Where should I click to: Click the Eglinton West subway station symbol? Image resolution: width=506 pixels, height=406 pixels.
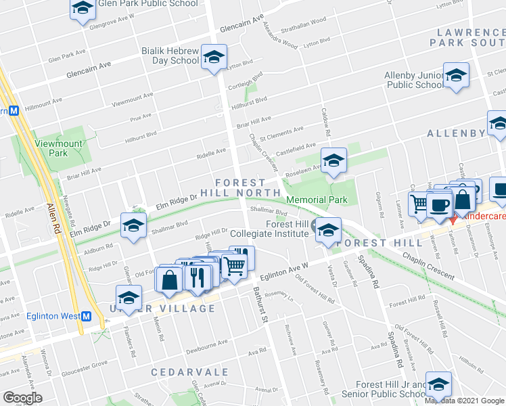click(86, 316)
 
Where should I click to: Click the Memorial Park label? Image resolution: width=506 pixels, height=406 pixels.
click(317, 200)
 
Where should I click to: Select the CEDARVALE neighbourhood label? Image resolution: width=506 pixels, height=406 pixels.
click(183, 373)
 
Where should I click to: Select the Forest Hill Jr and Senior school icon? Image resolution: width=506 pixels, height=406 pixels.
click(438, 384)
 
